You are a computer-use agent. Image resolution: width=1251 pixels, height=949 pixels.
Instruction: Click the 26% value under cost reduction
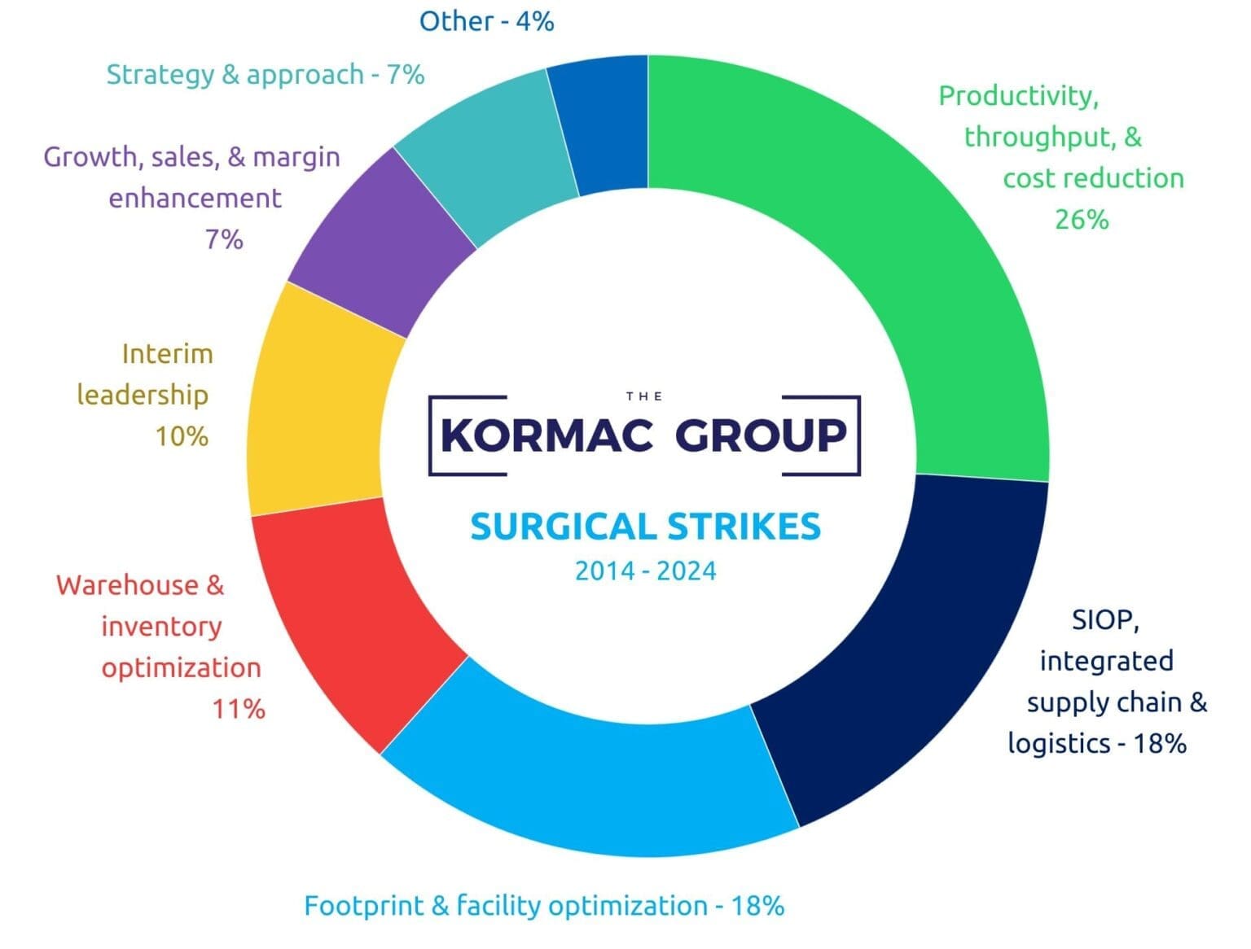coord(1082,220)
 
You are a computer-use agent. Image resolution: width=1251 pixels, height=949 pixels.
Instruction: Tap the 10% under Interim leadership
coord(182,437)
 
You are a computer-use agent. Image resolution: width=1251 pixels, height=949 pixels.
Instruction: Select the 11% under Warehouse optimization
coord(239,709)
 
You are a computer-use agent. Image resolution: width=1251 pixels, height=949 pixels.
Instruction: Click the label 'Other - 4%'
coord(486,21)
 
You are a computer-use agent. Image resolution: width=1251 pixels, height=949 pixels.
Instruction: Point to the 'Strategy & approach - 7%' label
coord(266,75)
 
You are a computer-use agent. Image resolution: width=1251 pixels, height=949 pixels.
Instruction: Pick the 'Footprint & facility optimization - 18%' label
coord(544,906)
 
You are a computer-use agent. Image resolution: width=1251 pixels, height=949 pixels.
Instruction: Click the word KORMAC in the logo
coord(546,435)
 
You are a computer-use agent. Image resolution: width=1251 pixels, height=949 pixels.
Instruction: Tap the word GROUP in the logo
coord(761,435)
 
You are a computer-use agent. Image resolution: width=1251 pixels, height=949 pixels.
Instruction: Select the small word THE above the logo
coord(643,396)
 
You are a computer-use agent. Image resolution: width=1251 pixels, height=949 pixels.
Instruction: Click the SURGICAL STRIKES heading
coord(645,527)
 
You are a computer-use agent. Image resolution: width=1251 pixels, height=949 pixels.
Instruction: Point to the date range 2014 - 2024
coord(645,571)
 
